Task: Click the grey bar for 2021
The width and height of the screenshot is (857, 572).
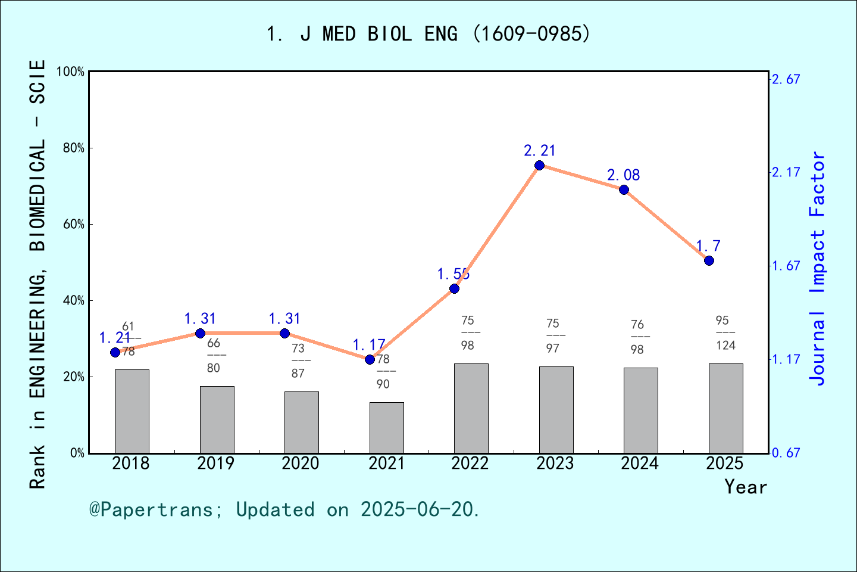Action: (386, 427)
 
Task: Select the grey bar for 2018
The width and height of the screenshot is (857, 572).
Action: (132, 411)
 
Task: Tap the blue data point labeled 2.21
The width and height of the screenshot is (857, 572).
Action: (539, 165)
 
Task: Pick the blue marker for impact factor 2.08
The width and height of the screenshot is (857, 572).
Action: (624, 189)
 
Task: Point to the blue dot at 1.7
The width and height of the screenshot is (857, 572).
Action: (709, 260)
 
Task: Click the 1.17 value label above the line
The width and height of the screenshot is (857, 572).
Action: (369, 344)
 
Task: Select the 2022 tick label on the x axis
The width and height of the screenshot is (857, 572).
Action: (470, 463)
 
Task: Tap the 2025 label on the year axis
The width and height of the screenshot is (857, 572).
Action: (725, 463)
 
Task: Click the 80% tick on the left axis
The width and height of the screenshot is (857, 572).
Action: (74, 148)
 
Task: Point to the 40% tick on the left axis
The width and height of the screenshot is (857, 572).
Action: (74, 300)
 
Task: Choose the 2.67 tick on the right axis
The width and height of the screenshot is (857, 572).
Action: (786, 79)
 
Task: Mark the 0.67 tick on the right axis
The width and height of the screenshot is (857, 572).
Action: (786, 453)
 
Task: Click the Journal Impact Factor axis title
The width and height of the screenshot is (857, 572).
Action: (819, 268)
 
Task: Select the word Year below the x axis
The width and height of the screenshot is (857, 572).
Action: (746, 487)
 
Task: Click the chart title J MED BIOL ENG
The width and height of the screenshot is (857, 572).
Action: (428, 34)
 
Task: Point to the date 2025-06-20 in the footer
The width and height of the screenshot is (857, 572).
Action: (419, 509)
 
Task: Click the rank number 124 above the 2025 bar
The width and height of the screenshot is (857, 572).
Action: (725, 345)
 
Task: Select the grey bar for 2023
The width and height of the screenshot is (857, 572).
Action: (556, 410)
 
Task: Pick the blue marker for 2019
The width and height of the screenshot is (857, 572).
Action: (200, 333)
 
